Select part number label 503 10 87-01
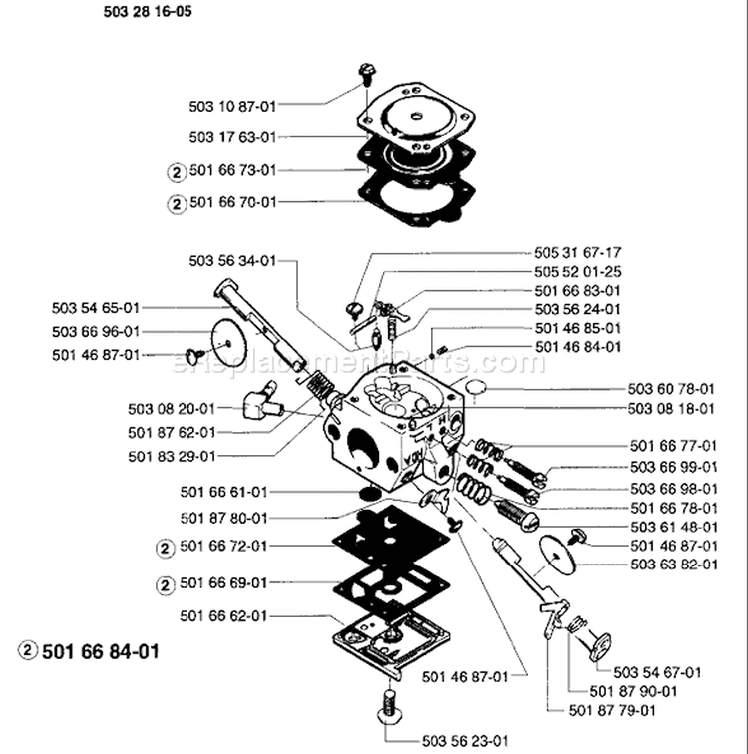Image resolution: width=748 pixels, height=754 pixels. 231,104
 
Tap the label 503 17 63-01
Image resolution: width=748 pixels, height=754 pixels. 231,137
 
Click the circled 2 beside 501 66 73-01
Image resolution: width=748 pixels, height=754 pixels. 176,170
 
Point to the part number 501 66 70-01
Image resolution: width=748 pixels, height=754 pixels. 231,202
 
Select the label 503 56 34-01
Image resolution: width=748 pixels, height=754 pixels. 231,261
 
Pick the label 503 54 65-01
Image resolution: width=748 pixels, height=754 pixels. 96,308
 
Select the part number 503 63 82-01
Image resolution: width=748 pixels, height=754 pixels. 673,565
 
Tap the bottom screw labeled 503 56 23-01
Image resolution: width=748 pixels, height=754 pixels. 387,710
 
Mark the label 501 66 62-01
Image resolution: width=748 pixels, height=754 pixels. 224,617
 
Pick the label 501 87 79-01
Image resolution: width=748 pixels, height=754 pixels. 611,710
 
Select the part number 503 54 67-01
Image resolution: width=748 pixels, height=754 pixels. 657,672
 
